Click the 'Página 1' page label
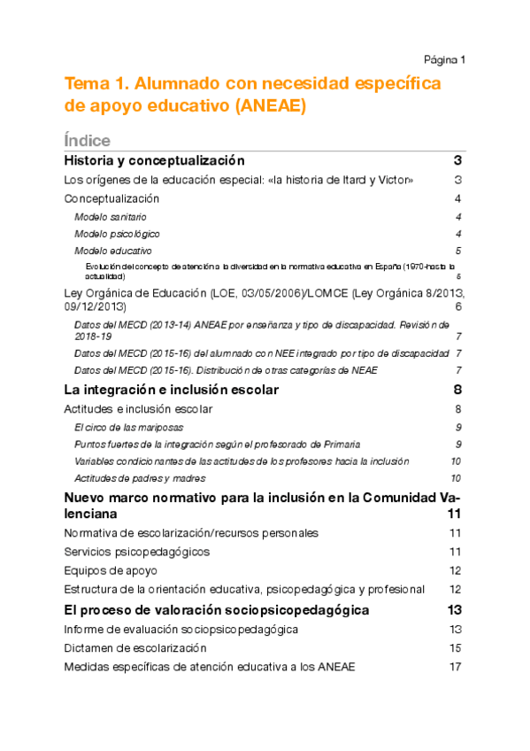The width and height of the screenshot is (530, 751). point(444,59)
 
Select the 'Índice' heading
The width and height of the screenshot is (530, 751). point(87,141)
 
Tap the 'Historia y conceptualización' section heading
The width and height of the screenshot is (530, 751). point(154,161)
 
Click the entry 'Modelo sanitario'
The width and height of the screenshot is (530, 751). point(111,217)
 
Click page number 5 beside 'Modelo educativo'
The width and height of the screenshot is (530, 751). point(457,251)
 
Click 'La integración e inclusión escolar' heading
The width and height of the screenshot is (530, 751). point(172,390)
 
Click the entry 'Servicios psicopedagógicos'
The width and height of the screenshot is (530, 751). point(137,552)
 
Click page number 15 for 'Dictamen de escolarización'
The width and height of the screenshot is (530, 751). point(456,648)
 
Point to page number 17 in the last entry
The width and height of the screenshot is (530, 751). point(456,667)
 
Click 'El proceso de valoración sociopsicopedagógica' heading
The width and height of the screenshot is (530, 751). point(217,610)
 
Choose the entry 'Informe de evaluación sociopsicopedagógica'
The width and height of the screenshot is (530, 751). point(181,630)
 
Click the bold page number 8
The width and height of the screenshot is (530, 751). point(457,390)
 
